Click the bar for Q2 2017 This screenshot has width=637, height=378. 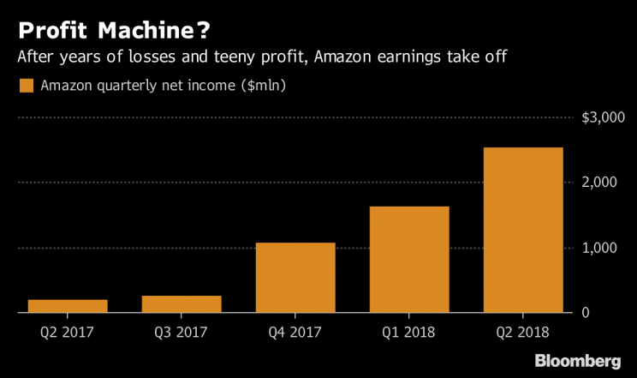click(x=68, y=306)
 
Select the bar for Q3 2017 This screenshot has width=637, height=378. click(x=182, y=304)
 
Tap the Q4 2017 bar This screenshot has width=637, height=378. click(x=295, y=278)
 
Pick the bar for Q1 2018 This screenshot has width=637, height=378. click(x=409, y=260)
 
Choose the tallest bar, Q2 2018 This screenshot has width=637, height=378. click(x=523, y=231)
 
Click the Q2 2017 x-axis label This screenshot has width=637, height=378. click(x=68, y=331)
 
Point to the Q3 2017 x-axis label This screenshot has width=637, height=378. click(x=182, y=331)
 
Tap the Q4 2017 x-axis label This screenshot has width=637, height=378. click(x=295, y=331)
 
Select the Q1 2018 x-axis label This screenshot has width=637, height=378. click(x=409, y=331)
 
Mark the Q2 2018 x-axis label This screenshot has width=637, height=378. click(x=523, y=331)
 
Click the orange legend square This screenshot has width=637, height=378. click(x=26, y=86)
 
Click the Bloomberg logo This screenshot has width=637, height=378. click(x=578, y=359)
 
